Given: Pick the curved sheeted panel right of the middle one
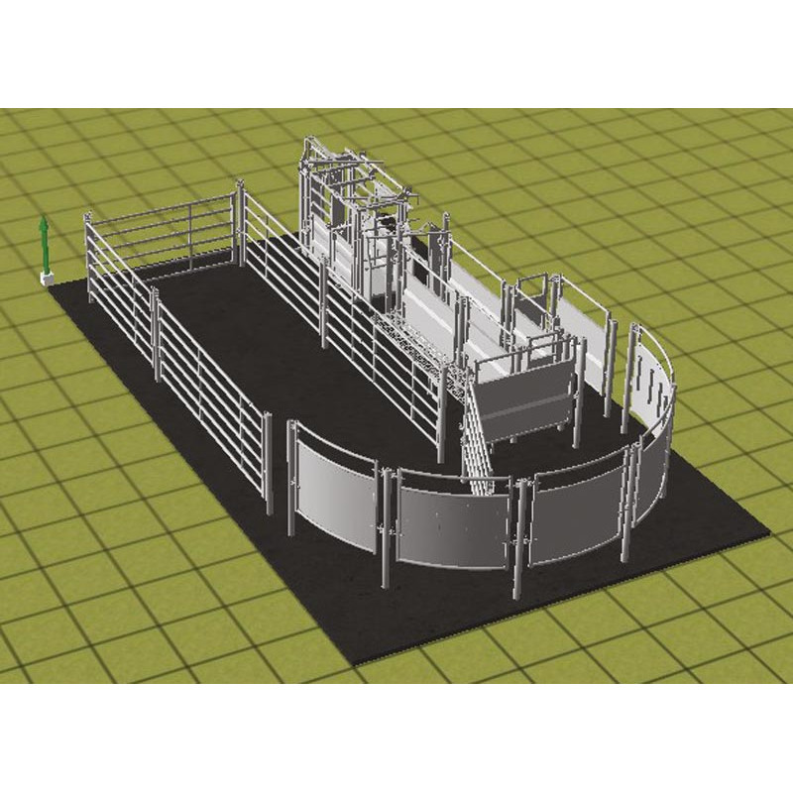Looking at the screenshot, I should pyautogui.click(x=575, y=515).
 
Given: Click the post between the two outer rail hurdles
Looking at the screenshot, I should pyautogui.click(x=156, y=333).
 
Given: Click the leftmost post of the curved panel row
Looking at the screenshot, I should pyautogui.click(x=291, y=481).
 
